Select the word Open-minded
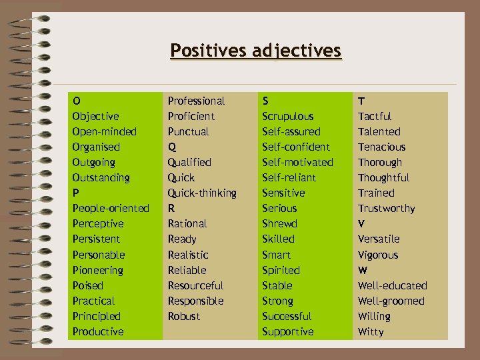point(104,131)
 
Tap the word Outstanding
point(101,177)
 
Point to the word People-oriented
point(111,208)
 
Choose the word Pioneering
point(97,270)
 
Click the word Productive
point(97,331)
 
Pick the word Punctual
point(188,131)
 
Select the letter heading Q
point(171,147)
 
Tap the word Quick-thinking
point(202,193)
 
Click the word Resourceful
point(195,285)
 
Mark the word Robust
point(183,316)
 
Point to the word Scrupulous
point(287,116)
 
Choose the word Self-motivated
point(297,162)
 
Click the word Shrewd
point(279,223)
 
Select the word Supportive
point(287,331)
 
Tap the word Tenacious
point(381,147)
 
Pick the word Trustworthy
point(386,208)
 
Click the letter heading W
point(362,270)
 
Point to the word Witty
point(371,331)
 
